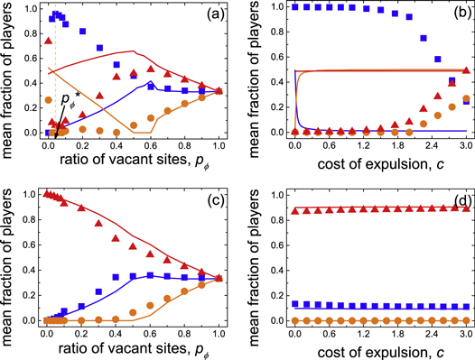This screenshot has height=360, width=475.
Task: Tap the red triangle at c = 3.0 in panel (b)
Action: click(x=464, y=70)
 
